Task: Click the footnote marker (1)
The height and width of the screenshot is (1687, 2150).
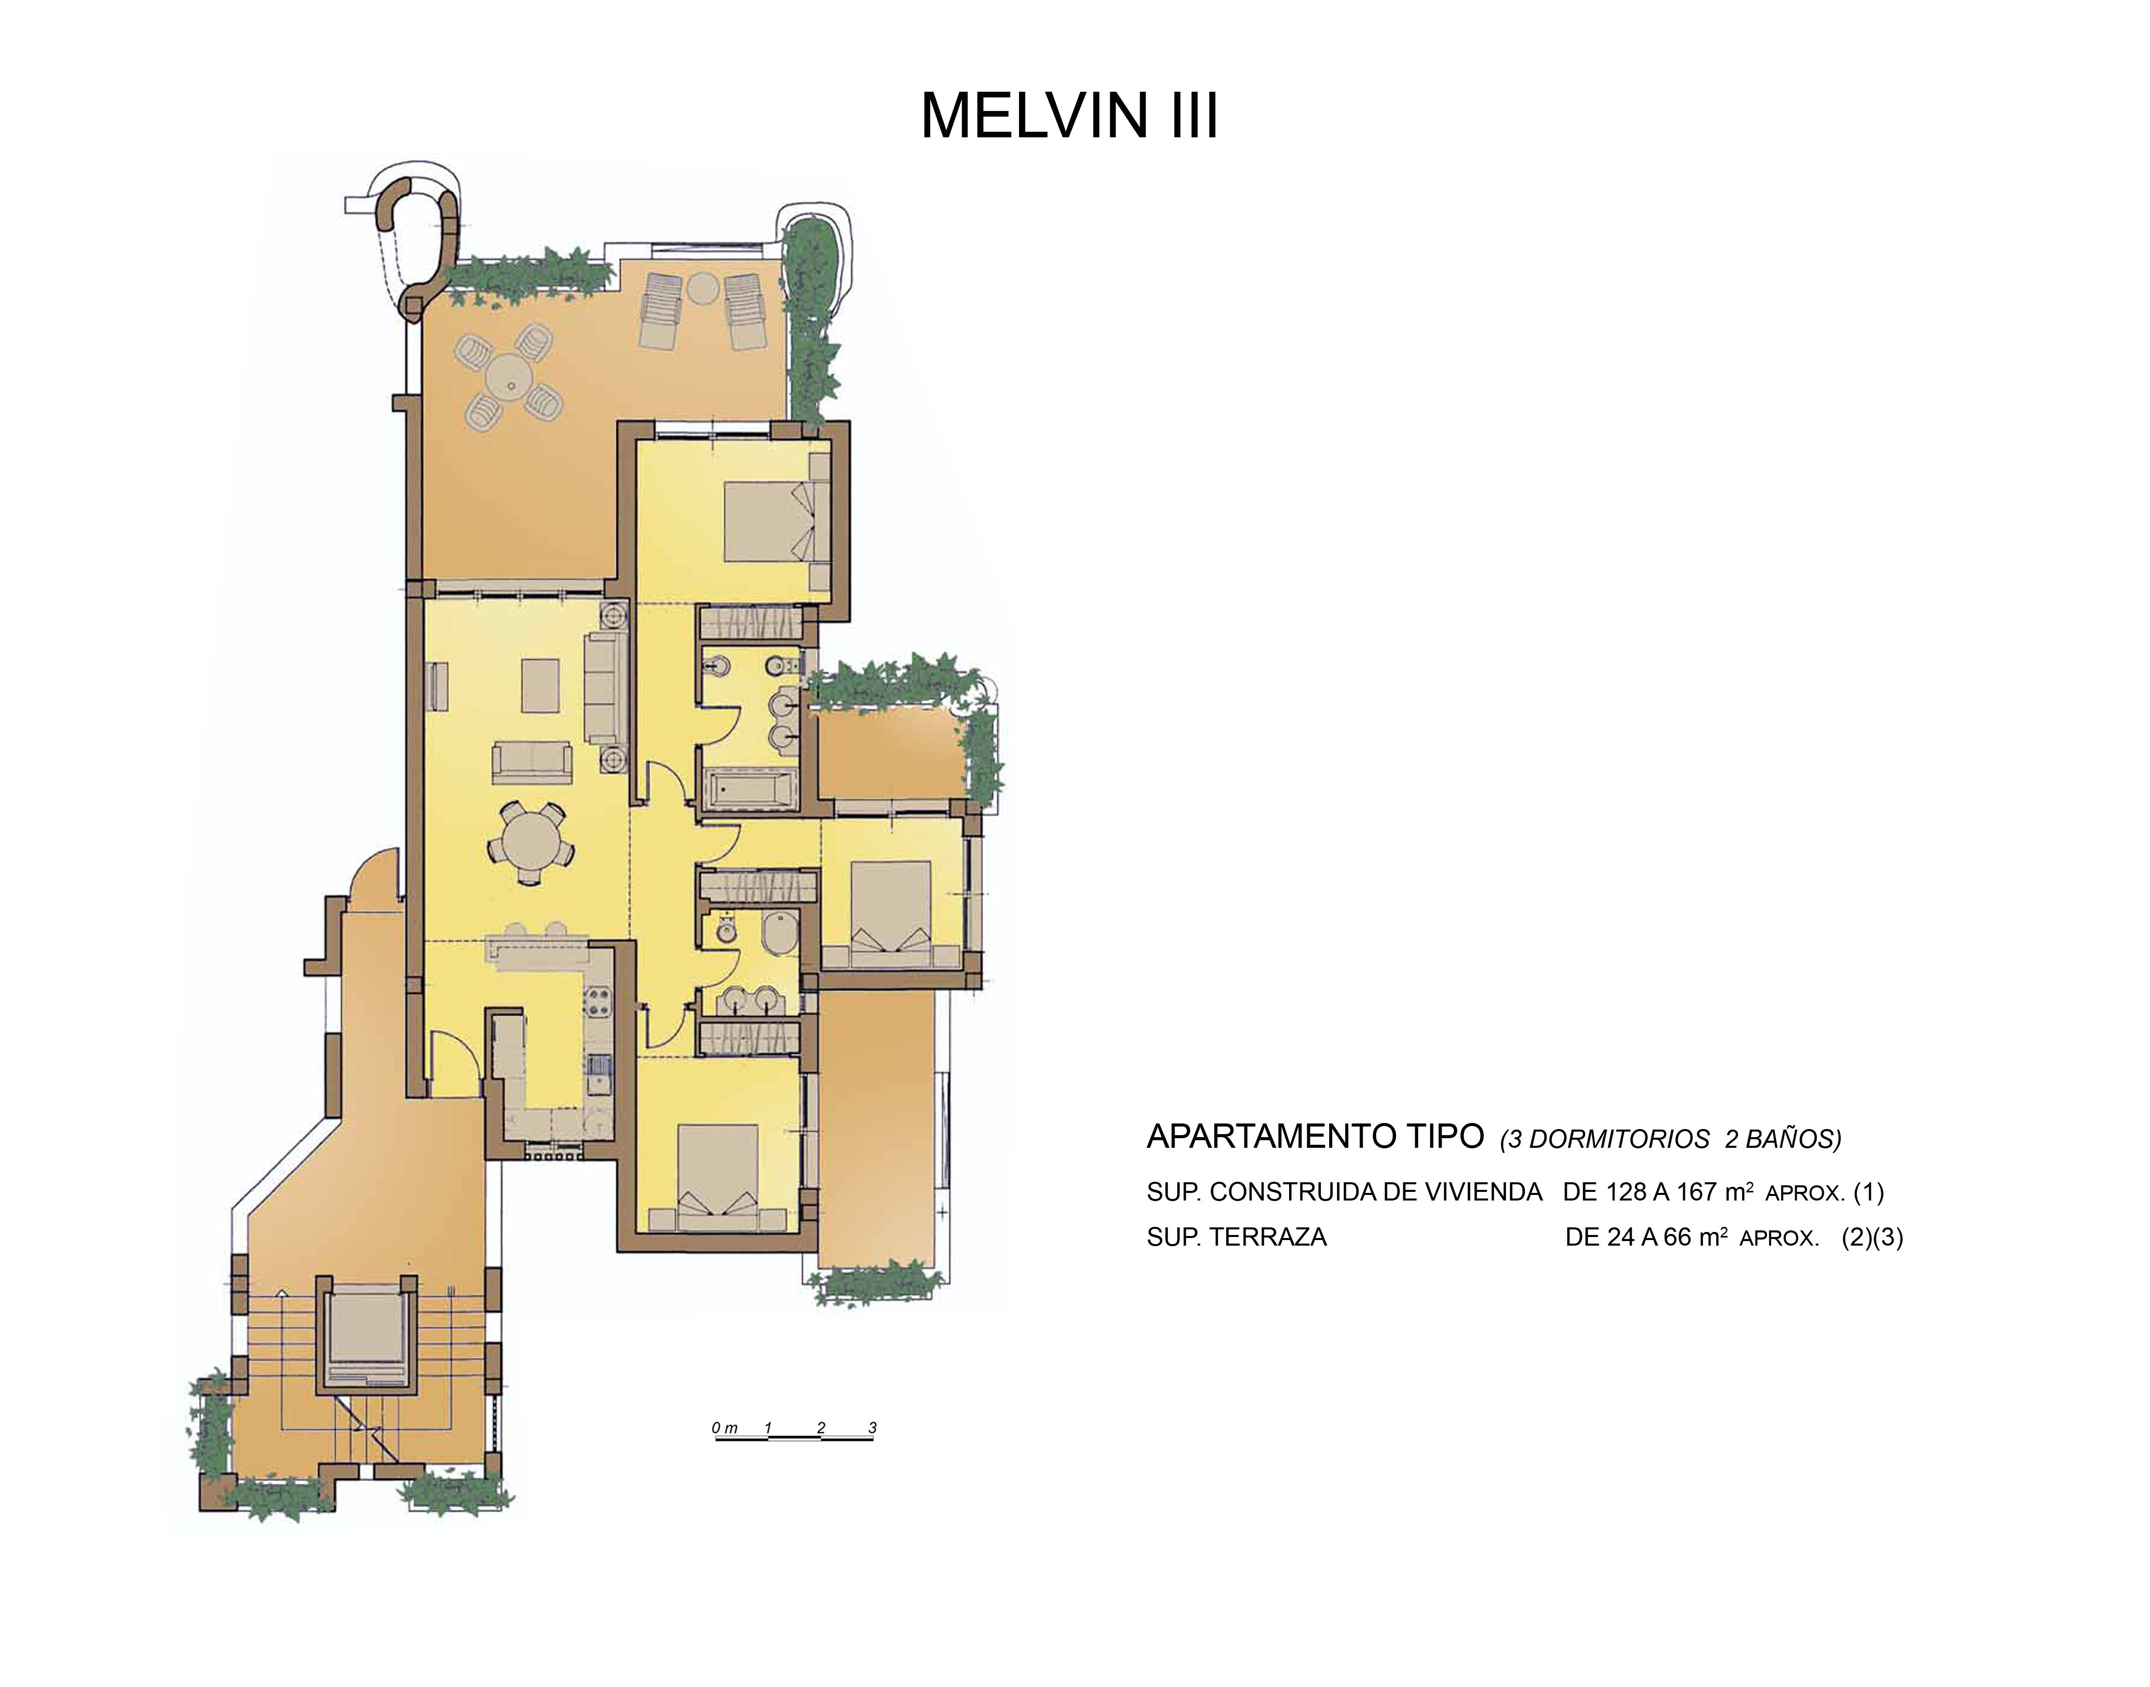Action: (x=1868, y=1192)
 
